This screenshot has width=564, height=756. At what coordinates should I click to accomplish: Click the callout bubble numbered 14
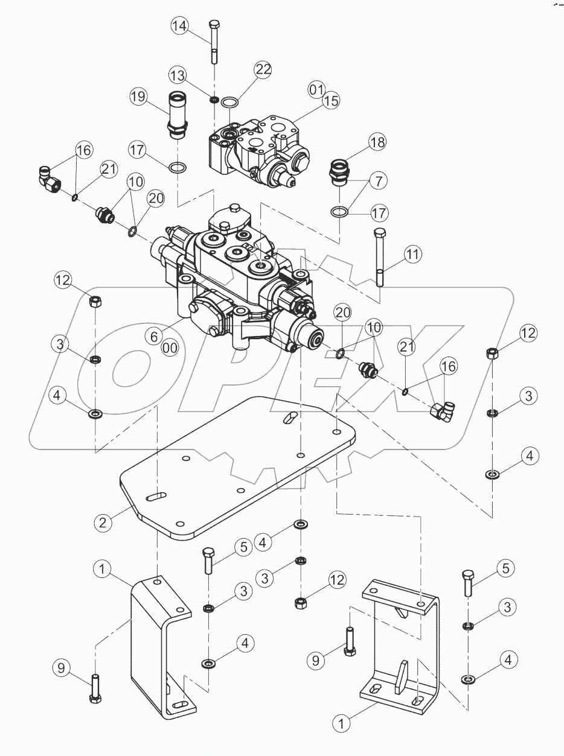click(180, 26)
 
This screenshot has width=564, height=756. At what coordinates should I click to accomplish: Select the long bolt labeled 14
click(214, 42)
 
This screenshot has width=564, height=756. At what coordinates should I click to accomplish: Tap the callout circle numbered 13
click(178, 75)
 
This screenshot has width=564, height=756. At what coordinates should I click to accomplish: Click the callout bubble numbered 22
click(263, 70)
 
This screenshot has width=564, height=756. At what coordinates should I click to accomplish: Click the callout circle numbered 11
click(412, 255)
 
